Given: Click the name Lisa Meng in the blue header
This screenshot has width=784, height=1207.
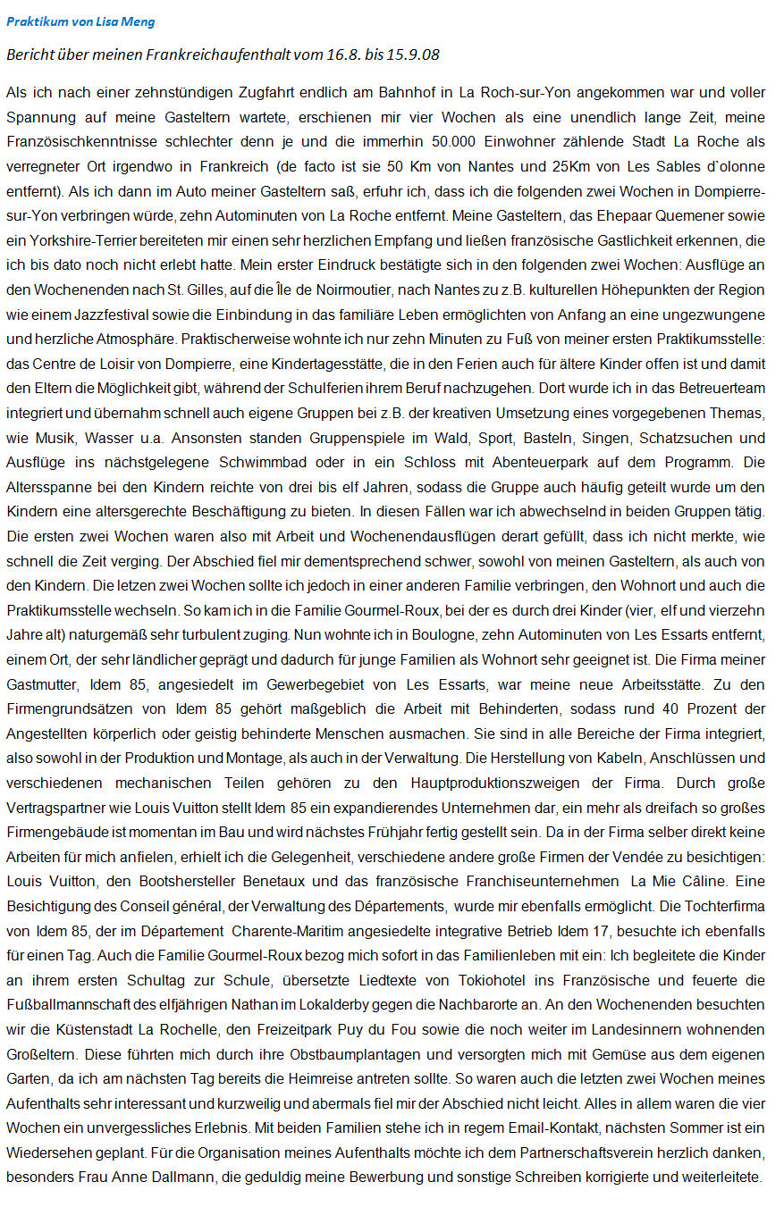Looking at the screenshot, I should pos(104,21).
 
